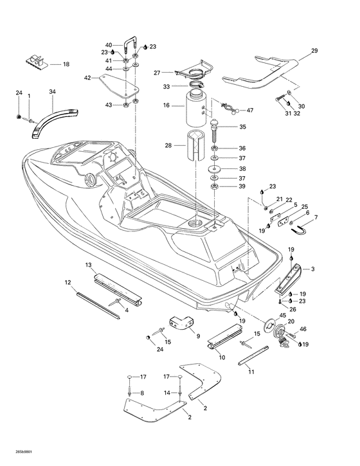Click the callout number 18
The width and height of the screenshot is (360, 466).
pyautogui.click(x=66, y=64)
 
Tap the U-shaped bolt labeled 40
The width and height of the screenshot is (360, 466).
pyautogui.click(x=129, y=47)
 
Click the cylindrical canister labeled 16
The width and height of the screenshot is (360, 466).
pyautogui.click(x=196, y=109)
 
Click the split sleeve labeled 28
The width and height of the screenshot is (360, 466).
pyautogui.click(x=195, y=145)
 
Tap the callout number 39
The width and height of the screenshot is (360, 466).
pyautogui.click(x=242, y=186)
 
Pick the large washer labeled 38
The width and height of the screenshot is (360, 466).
pyautogui.click(x=213, y=168)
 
